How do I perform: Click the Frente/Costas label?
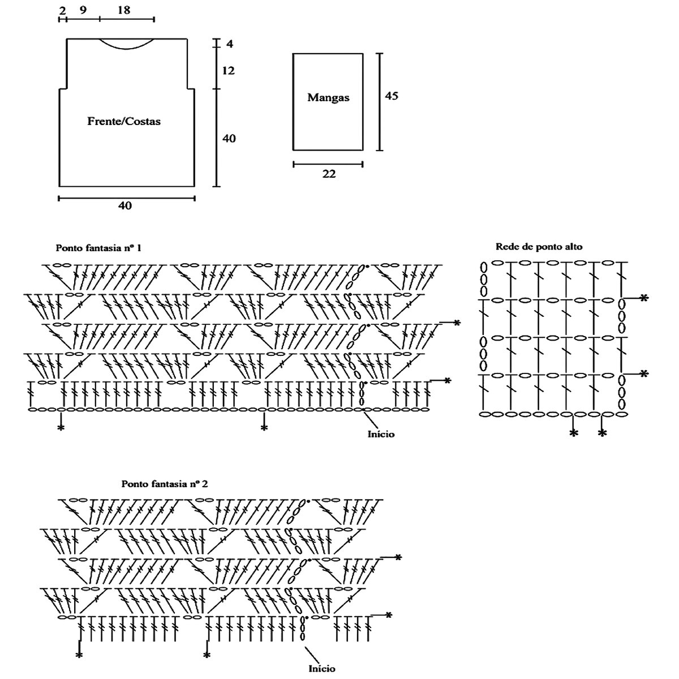coord(124,121)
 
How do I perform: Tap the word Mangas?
coord(328,97)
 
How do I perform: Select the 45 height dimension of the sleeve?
coord(392,96)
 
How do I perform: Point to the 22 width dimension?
coord(329,174)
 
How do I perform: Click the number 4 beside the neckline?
coord(230,44)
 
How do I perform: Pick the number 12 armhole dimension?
coord(229,71)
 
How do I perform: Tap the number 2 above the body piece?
coord(61,10)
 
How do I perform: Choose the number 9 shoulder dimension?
coord(83,10)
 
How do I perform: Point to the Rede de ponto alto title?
coord(539,246)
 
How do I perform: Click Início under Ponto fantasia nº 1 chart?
coord(381,434)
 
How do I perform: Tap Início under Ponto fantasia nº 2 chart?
coord(321,668)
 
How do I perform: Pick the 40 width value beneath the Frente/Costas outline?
coord(125,206)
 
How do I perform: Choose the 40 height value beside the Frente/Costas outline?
coord(229,139)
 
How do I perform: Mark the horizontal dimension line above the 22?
coord(328,165)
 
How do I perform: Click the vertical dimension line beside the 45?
coord(380,102)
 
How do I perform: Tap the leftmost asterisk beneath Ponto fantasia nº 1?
coord(61,428)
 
